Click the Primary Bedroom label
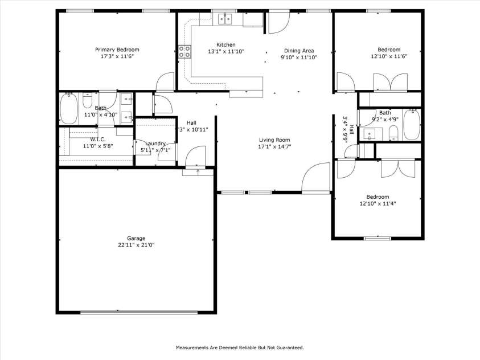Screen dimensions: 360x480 click(x=117, y=50)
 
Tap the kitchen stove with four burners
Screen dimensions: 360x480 click(x=185, y=52)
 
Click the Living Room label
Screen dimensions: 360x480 click(x=274, y=140)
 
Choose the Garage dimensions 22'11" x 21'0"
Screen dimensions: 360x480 click(x=136, y=245)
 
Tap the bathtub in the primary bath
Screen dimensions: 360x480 click(x=69, y=108)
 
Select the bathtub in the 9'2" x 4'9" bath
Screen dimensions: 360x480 click(x=411, y=124)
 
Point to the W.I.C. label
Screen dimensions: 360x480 click(x=98, y=140)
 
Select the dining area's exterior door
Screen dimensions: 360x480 click(x=278, y=22)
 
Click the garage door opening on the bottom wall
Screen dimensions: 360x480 click(x=138, y=312)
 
